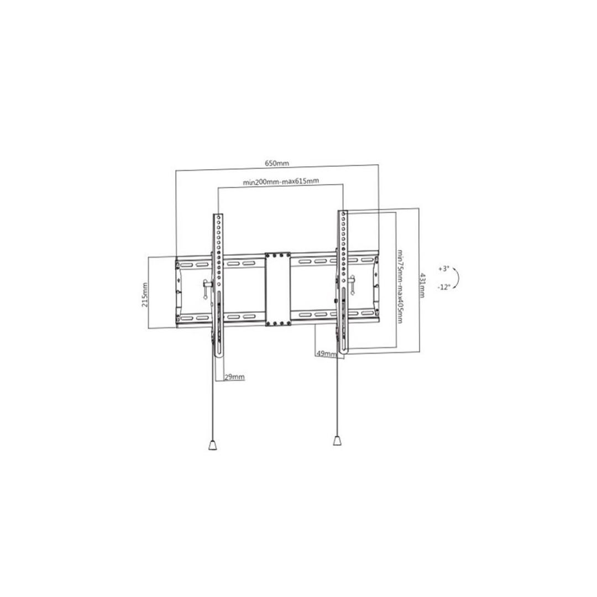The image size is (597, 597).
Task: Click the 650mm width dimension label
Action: tap(277, 163)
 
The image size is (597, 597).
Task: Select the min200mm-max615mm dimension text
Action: tap(281, 182)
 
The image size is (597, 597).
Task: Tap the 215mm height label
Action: tap(145, 295)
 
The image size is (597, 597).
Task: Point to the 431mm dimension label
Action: tap(422, 285)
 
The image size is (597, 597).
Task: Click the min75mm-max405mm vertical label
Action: tap(400, 286)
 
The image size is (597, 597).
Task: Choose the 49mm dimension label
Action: tap(326, 354)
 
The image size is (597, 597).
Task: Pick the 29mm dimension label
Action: tap(234, 377)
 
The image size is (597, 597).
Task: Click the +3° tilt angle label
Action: tap(443, 269)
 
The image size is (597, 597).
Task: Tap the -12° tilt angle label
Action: tap(443, 287)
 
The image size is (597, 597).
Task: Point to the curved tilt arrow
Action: tap(458, 278)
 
